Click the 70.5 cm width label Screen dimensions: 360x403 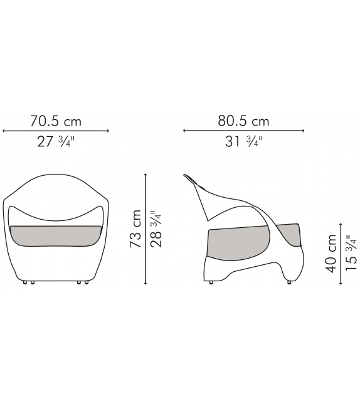click(x=56, y=121)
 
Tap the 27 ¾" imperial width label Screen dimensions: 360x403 click(x=56, y=142)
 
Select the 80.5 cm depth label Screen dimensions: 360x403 click(x=243, y=121)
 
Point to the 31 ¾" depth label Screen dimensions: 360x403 click(x=244, y=142)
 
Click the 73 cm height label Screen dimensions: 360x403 click(x=135, y=228)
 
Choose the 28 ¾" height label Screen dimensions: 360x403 click(x=156, y=228)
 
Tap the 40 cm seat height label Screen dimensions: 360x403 click(x=331, y=254)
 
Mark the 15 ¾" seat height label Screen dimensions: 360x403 click(x=351, y=252)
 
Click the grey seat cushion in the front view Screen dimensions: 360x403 click(x=55, y=235)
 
